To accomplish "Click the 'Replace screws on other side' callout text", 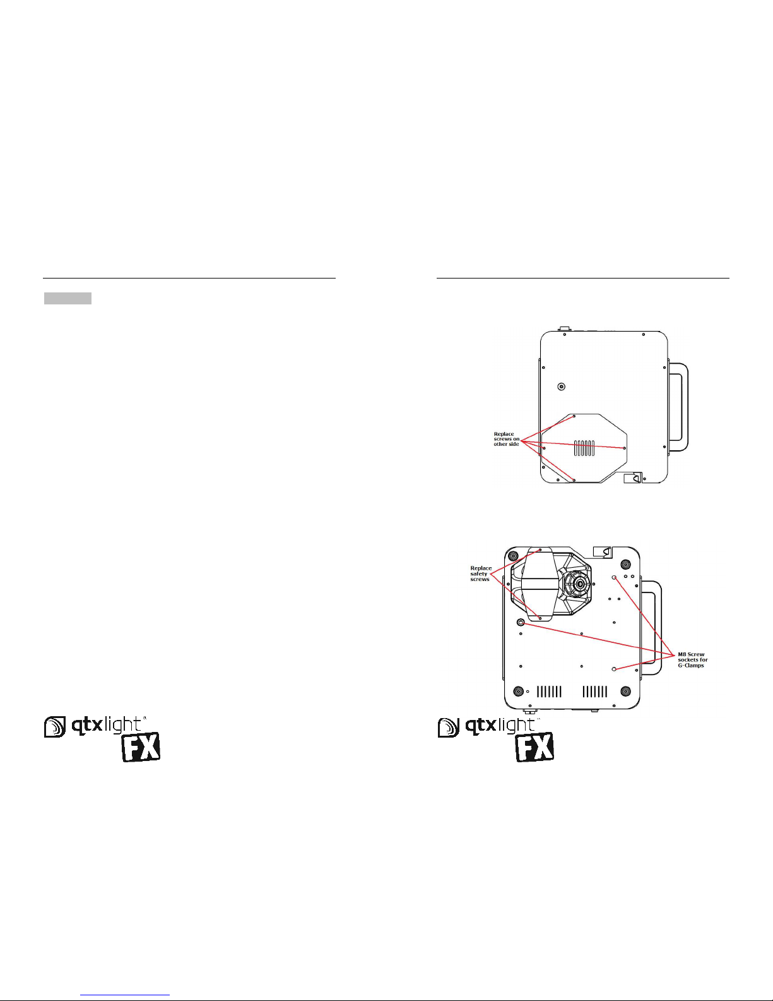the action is (507, 439).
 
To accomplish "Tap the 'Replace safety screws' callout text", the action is (481, 573).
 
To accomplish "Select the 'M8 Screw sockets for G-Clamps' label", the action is (693, 660).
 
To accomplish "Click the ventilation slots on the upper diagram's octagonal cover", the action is (584, 448).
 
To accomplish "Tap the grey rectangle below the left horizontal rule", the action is (68, 298).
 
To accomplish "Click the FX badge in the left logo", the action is (141, 746).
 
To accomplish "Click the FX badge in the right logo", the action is (534, 746).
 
